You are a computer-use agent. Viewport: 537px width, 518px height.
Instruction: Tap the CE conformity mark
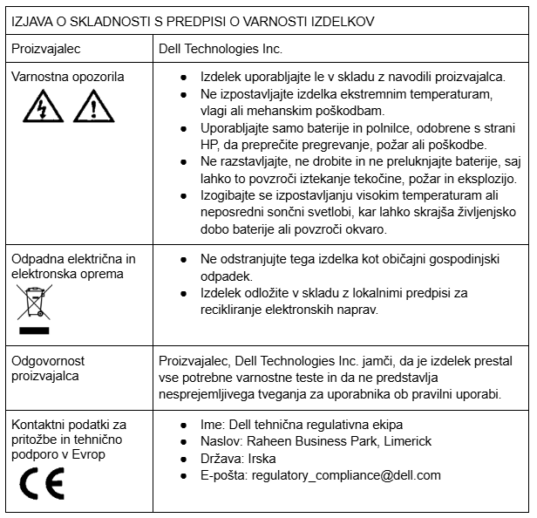[x=43, y=480]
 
